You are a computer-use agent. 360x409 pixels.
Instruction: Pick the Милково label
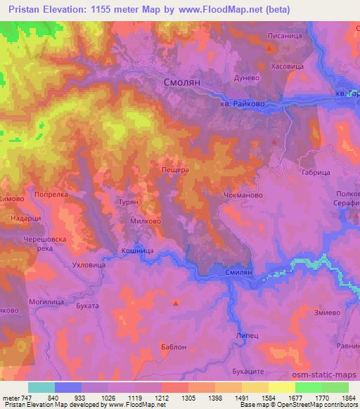(145, 219)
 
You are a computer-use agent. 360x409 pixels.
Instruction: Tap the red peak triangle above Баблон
(176, 304)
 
